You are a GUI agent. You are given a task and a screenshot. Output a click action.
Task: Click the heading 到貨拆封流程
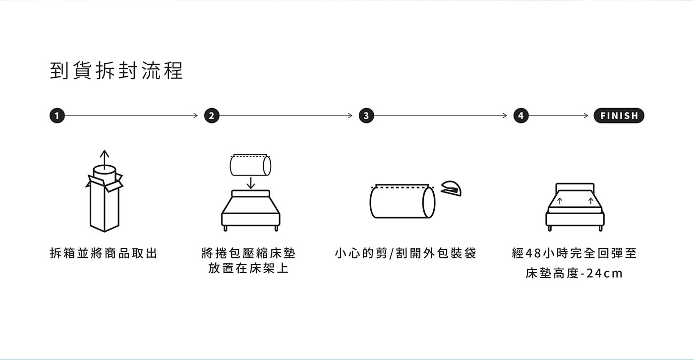[116, 71]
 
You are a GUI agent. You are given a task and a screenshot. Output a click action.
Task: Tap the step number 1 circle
[57, 116]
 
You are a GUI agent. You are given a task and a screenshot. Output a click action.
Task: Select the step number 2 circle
[212, 116]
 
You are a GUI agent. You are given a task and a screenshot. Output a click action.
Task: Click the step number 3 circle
[366, 116]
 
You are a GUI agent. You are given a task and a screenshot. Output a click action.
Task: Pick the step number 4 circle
[520, 116]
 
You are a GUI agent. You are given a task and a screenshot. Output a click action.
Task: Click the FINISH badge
[619, 116]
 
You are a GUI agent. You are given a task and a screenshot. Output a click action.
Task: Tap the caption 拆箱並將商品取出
[104, 253]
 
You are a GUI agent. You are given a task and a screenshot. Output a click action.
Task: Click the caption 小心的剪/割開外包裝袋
[405, 253]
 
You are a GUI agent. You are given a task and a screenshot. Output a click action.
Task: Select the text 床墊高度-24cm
[574, 273]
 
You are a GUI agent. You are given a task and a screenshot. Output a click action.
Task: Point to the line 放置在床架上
[249, 269]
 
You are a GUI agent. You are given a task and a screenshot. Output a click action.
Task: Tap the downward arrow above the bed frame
[251, 182]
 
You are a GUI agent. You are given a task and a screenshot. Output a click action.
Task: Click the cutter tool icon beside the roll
[451, 188]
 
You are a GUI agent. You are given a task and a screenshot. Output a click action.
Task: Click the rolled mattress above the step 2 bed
[250, 165]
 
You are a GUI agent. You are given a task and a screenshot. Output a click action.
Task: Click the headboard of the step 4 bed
[575, 188]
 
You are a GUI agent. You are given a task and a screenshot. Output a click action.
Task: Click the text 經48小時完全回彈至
[574, 253]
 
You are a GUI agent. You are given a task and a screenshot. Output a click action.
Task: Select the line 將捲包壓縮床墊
[249, 253]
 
